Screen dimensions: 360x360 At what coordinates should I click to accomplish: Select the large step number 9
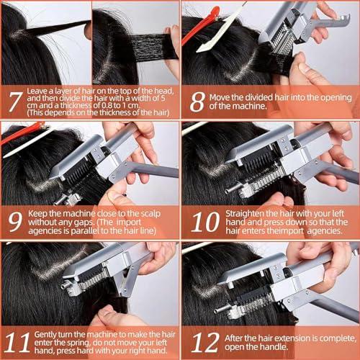coord(14,222)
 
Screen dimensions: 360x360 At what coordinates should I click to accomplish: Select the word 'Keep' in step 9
coord(41,214)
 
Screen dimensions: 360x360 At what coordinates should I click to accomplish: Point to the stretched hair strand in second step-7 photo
coord(148,46)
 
